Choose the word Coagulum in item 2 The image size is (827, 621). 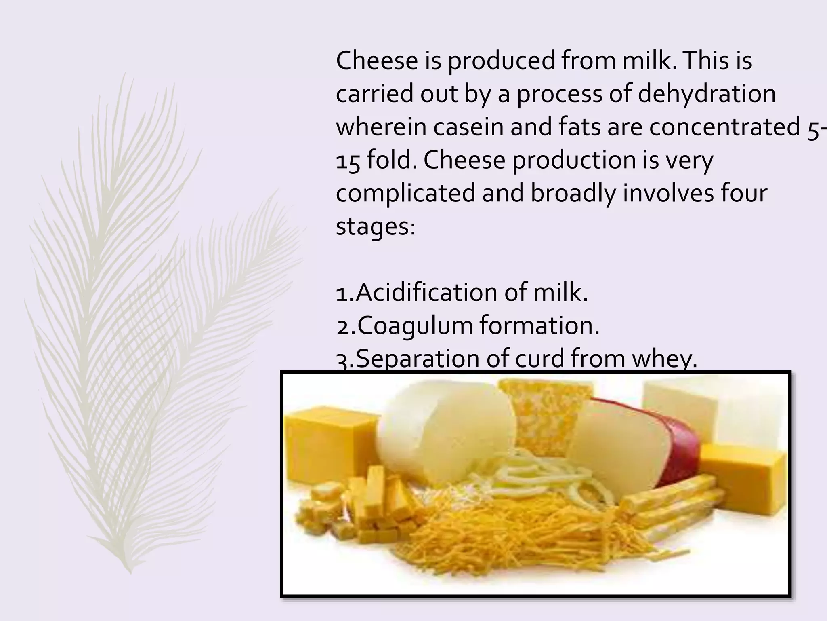tap(415, 325)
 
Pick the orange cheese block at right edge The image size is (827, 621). tap(743, 473)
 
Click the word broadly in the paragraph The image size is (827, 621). tap(573, 193)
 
